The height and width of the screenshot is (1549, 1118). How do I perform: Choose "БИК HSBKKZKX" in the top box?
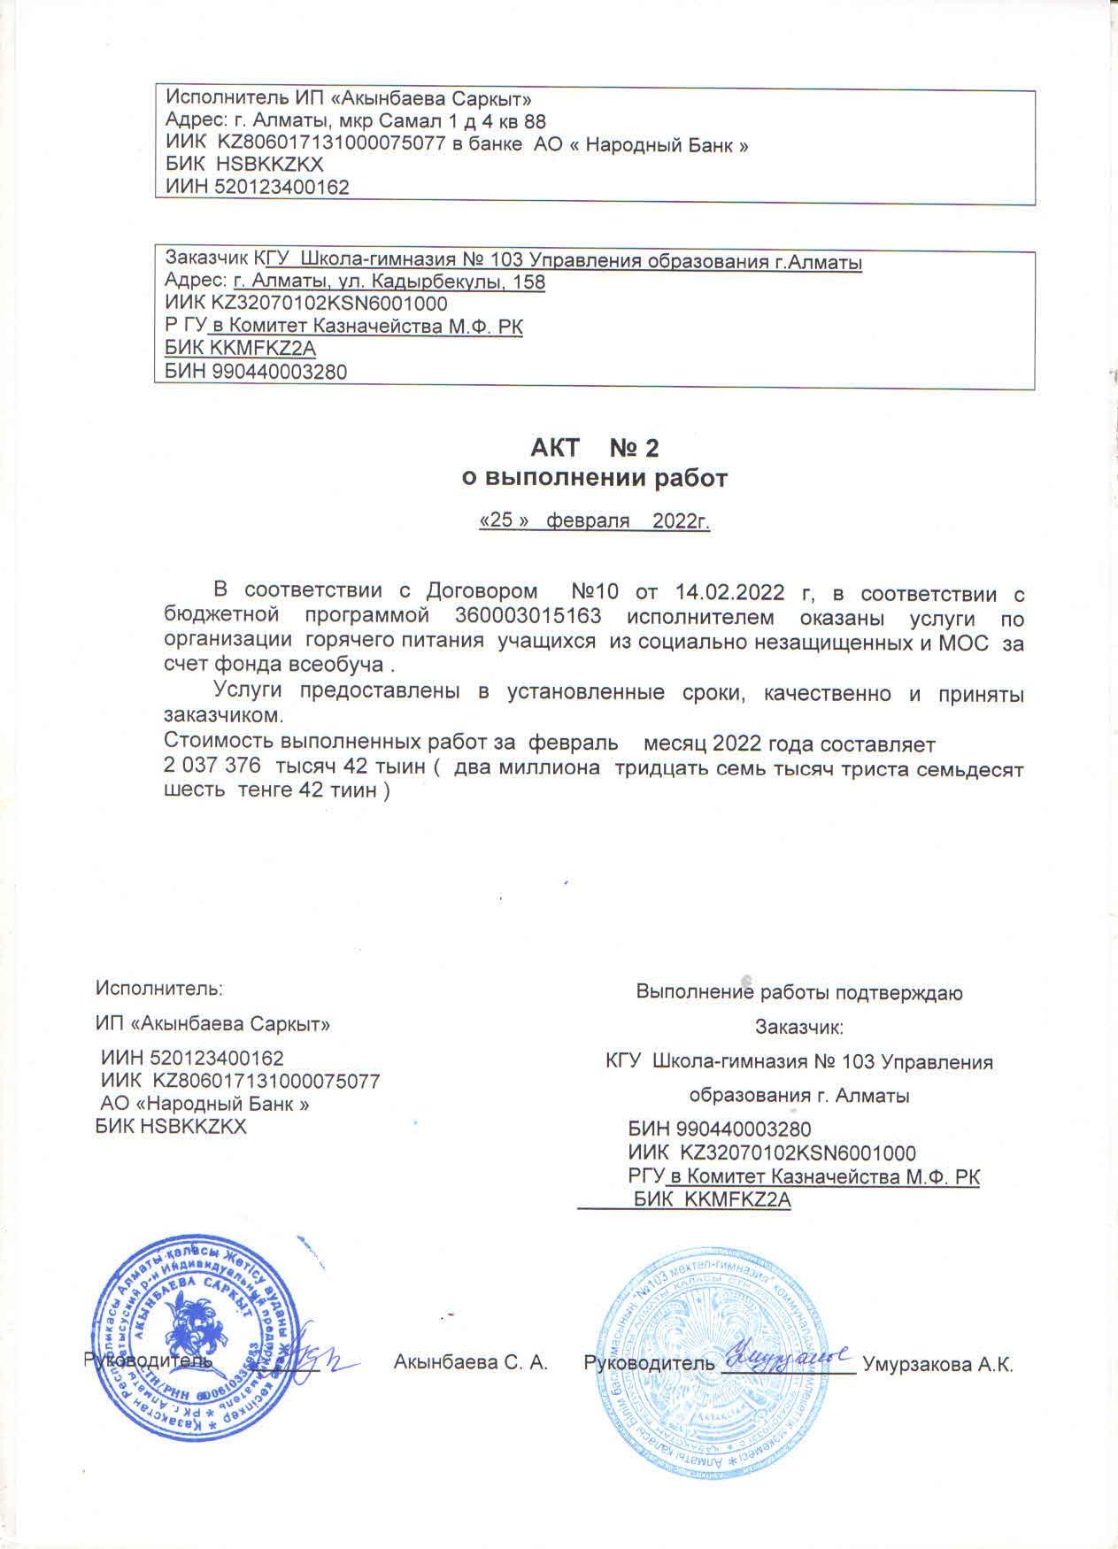click(245, 165)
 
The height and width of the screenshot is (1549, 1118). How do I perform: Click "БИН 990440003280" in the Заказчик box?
click(256, 372)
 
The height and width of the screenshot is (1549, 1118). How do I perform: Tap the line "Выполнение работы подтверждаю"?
click(799, 992)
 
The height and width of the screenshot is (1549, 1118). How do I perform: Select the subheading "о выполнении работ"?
click(595, 479)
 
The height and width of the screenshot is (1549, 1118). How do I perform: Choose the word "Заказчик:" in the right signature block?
click(799, 1028)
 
